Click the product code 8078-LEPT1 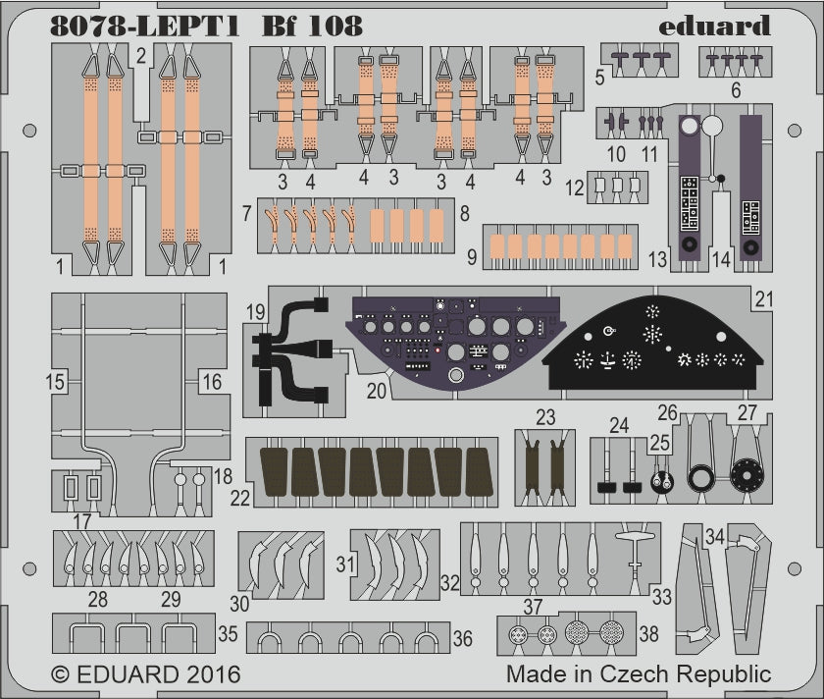[x=140, y=27]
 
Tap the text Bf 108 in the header [x=305, y=27]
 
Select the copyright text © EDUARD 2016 [x=145, y=675]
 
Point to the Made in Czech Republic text [x=639, y=675]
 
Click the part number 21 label [x=765, y=296]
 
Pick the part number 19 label [x=256, y=314]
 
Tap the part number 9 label [x=473, y=256]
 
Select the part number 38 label [x=648, y=634]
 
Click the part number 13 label [x=657, y=259]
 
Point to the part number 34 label [x=714, y=536]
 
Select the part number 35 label [x=228, y=633]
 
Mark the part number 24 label [x=618, y=426]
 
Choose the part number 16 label [x=212, y=381]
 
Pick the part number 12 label [x=574, y=186]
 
